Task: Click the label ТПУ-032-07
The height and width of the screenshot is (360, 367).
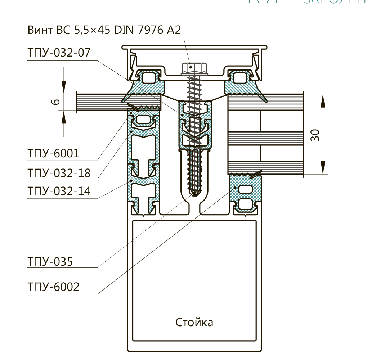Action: tap(58, 53)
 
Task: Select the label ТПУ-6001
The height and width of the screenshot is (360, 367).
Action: tap(53, 154)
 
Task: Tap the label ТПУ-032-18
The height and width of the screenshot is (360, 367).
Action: tap(58, 173)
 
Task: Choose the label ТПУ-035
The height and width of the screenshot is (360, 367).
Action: tap(50, 261)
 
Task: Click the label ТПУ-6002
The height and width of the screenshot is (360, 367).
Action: tap(53, 287)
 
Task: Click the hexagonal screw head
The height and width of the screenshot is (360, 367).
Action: tap(194, 68)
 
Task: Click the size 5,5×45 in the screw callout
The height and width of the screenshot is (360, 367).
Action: tap(93, 30)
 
